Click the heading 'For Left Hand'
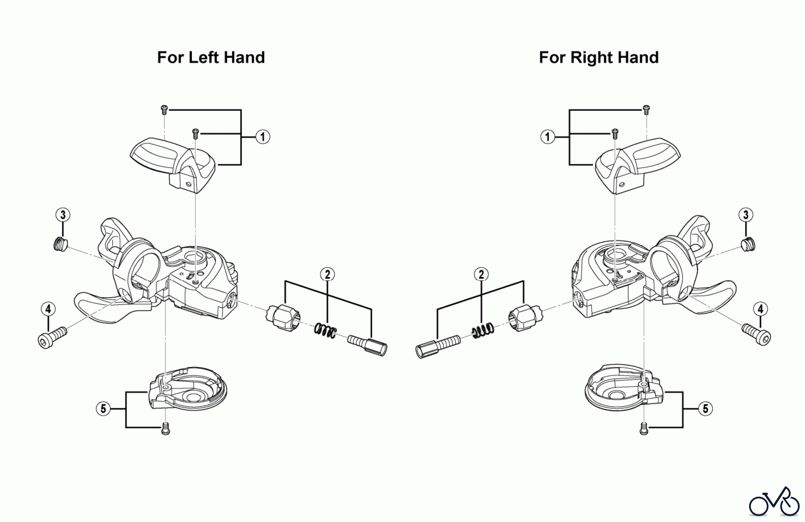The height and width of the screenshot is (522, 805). pos(211,58)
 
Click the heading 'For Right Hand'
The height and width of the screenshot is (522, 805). pos(598,58)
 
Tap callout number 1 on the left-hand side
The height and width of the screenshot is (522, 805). pos(263,137)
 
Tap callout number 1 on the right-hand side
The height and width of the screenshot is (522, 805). pos(547,137)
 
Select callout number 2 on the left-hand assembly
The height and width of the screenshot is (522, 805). pos(327,274)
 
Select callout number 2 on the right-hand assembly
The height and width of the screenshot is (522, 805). pos(481,274)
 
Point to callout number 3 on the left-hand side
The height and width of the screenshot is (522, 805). pos(63,215)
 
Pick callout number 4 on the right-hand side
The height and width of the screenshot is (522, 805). pos(760,309)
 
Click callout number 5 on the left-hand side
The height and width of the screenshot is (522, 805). pos(103,408)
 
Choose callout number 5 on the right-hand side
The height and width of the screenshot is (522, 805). pos(705,408)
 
